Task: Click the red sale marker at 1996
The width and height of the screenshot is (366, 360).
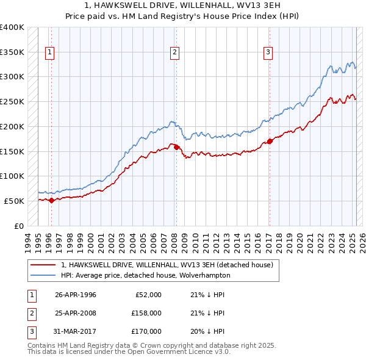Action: point(51,200)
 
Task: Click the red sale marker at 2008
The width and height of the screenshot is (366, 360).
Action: point(176,147)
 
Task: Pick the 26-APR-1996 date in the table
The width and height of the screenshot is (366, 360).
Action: point(76,295)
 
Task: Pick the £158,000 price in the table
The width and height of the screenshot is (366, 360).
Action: point(147,313)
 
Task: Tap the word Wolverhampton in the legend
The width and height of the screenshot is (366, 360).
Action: point(206,275)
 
